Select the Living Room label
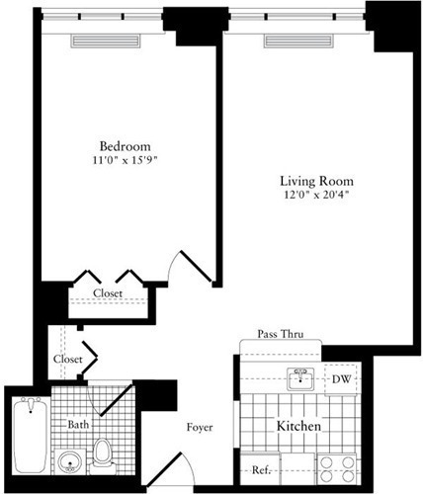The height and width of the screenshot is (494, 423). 315,182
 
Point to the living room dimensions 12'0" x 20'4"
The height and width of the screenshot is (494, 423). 315,196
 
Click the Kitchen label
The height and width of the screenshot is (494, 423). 298,427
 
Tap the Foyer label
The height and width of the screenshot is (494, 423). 202,428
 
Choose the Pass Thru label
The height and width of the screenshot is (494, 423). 279,334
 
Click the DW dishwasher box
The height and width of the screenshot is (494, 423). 339,379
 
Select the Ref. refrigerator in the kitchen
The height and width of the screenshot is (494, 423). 262,470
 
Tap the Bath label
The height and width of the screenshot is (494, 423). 79,425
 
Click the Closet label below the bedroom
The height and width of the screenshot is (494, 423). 108,293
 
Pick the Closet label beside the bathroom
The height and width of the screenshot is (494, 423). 67,360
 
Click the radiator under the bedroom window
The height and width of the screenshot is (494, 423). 108,41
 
